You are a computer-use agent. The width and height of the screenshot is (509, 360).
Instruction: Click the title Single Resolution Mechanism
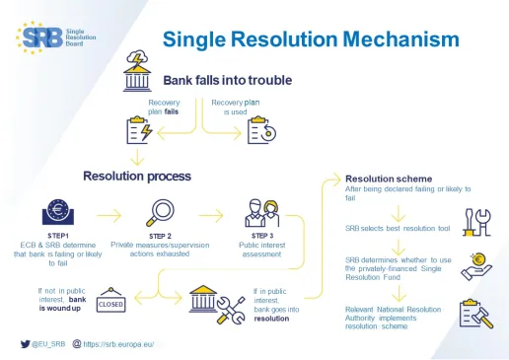[x=311, y=38]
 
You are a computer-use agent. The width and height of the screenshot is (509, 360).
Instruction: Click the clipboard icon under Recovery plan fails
[x=139, y=129]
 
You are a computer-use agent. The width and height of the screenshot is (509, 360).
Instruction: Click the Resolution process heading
[x=137, y=176]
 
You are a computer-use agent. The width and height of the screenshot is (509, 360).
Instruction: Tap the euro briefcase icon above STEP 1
[x=58, y=213]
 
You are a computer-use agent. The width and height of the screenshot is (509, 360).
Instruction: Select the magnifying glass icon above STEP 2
[x=161, y=212]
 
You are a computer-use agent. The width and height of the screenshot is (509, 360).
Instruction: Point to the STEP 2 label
[x=161, y=236]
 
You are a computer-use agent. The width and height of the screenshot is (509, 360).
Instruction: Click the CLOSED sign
[x=110, y=305]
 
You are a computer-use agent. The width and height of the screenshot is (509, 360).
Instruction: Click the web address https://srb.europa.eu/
[x=122, y=344]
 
